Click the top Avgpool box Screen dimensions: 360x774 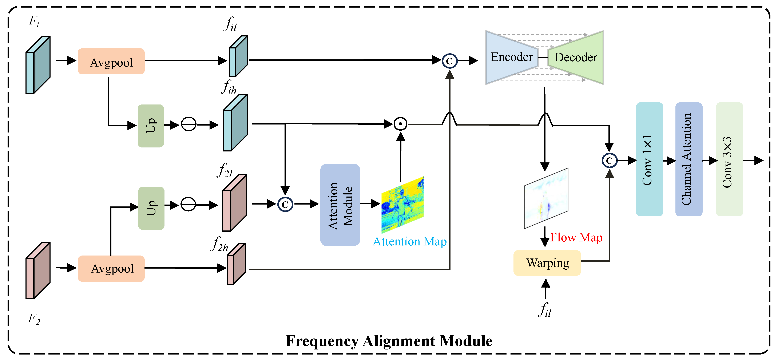click(111, 61)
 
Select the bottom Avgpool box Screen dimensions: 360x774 click(111, 268)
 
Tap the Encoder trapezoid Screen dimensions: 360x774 click(511, 57)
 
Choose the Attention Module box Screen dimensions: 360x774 click(340, 205)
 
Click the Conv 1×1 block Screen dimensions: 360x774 click(649, 159)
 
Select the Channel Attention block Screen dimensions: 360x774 click(689, 159)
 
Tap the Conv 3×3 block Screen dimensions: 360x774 click(729, 159)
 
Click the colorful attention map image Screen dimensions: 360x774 click(402, 205)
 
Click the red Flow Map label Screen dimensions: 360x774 click(576, 237)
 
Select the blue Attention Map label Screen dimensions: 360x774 click(409, 242)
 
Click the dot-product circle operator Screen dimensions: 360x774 click(400, 124)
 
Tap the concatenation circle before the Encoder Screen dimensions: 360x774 click(449, 61)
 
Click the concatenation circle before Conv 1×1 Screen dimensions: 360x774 click(609, 161)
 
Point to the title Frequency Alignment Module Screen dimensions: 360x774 click(389, 341)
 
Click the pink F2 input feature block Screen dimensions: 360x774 click(38, 271)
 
